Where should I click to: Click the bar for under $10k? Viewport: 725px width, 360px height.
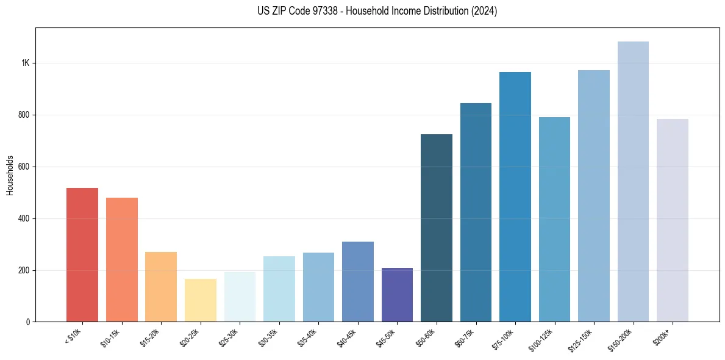pyautogui.click(x=82, y=255)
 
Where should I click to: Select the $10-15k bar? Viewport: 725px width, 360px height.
pyautogui.click(x=121, y=260)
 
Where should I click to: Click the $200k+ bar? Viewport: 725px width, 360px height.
pyautogui.click(x=672, y=220)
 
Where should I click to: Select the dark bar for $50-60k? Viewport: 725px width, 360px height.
pyautogui.click(x=437, y=228)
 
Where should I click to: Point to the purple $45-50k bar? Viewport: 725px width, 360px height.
pyautogui.click(x=397, y=295)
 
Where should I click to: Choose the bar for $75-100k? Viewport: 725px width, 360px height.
pyautogui.click(x=515, y=197)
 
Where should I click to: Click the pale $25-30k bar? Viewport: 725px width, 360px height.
pyautogui.click(x=240, y=297)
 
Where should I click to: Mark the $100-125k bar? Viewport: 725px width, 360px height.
pyautogui.click(x=554, y=220)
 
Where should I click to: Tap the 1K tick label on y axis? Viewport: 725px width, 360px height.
pyautogui.click(x=25, y=63)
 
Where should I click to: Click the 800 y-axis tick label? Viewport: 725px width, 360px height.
pyautogui.click(x=24, y=115)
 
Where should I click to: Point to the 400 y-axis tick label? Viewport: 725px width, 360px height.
pyautogui.click(x=24, y=218)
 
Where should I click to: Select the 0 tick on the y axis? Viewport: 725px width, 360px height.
pyautogui.click(x=28, y=322)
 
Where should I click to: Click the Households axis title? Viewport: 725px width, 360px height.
pyautogui.click(x=10, y=175)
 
